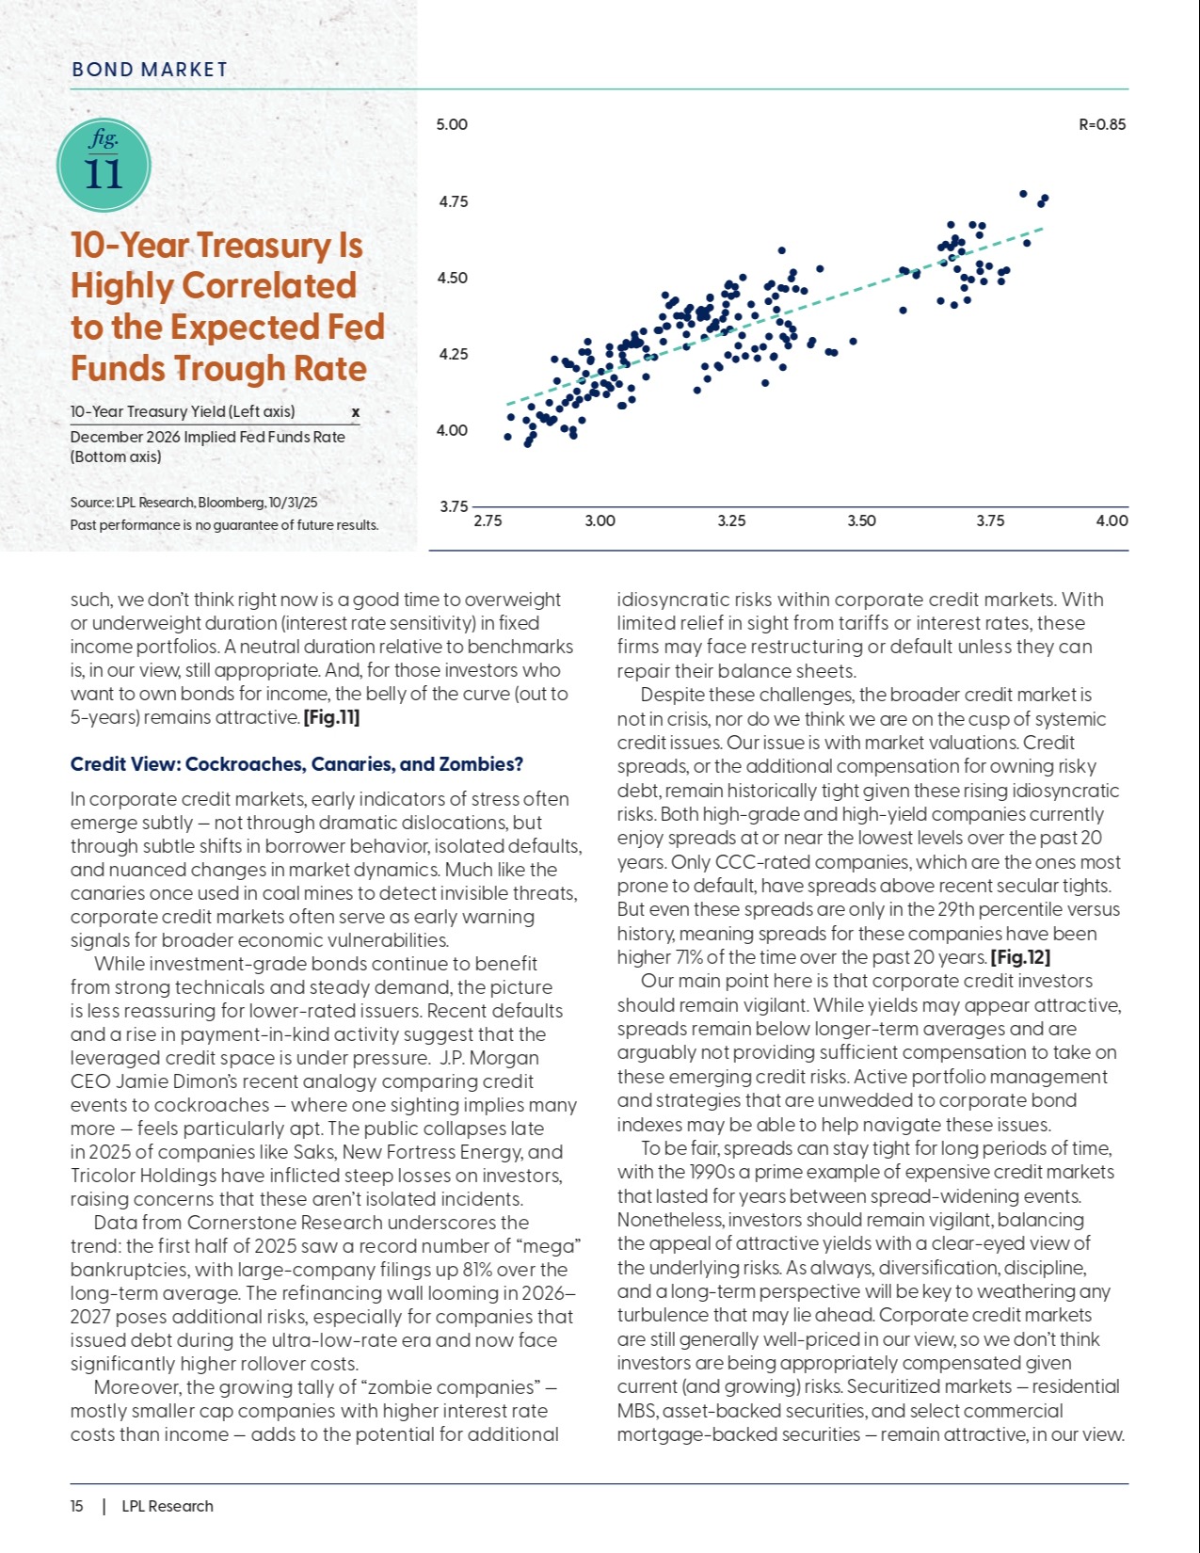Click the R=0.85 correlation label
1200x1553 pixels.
point(1101,124)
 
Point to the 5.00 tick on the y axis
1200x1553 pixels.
point(452,124)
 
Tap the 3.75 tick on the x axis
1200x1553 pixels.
point(990,520)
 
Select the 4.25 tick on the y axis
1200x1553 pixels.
point(454,354)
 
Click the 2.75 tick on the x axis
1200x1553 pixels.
point(487,520)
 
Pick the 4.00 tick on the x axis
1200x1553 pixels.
point(1112,520)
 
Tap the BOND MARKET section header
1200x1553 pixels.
point(150,70)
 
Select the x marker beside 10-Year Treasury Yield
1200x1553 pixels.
point(355,412)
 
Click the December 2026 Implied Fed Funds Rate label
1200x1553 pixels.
point(207,437)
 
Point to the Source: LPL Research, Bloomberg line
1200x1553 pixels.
point(193,503)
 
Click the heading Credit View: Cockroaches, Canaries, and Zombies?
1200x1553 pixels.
point(296,763)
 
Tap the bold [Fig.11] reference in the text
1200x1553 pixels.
point(331,717)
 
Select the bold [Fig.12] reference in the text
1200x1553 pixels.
point(1020,957)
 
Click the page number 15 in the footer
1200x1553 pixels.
point(76,1506)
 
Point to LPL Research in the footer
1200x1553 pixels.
point(168,1506)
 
